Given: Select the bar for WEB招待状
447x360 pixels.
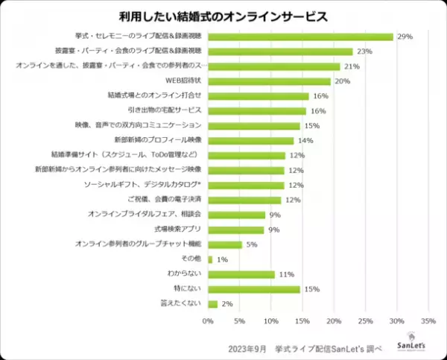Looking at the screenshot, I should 269,81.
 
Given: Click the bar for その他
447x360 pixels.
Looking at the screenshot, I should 211,259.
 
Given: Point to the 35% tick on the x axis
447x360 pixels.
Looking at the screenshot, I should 428,321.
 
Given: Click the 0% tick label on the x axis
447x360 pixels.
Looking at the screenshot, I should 208,321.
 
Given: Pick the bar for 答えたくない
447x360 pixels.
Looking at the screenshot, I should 213,303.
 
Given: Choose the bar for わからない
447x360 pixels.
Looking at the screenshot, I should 241,274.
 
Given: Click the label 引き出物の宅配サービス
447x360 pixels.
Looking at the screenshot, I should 159,111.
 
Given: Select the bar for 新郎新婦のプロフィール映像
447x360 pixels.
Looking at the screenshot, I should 251,140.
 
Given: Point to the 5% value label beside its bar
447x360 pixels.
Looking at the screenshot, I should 253,244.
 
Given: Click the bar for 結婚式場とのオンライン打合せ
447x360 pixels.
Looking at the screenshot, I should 258,96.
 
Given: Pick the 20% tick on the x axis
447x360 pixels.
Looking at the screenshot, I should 334,321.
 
